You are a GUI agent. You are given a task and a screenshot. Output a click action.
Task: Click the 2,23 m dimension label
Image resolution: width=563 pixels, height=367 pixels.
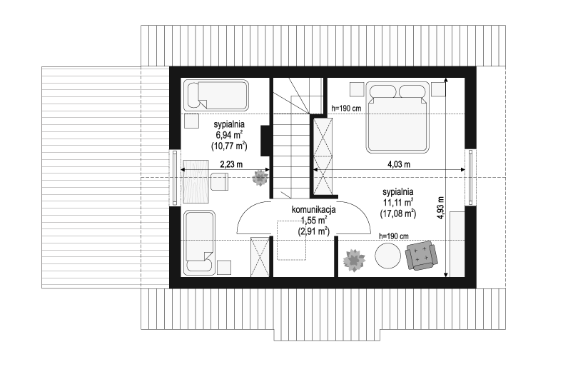[231, 164]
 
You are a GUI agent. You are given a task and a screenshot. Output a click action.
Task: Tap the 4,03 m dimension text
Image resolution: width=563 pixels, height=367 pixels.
[399, 164]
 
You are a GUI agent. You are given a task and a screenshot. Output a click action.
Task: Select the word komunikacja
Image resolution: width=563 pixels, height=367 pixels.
[313, 209]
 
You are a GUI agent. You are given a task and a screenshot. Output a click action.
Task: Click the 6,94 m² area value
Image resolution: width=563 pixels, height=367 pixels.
[229, 135]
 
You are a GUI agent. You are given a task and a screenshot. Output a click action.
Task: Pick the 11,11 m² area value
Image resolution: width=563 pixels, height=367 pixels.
[398, 202]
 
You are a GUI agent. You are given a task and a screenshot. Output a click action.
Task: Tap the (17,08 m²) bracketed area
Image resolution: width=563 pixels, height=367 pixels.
[398, 213]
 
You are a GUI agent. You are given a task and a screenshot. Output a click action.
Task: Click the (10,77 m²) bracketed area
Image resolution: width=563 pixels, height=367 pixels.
[229, 146]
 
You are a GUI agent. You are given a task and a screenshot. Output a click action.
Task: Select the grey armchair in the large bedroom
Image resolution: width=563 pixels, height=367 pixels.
[421, 256]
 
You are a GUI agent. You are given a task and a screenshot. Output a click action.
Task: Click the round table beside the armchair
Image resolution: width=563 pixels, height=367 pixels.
[387, 256]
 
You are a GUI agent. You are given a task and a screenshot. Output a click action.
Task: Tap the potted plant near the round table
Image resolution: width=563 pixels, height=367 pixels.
[354, 260]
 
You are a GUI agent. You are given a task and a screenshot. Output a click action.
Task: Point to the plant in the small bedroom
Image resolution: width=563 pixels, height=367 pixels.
[260, 178]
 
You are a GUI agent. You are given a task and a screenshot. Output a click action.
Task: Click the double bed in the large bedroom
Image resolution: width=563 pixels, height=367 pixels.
[398, 118]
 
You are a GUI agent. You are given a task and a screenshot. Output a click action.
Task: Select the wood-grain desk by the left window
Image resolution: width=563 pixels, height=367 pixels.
[196, 181]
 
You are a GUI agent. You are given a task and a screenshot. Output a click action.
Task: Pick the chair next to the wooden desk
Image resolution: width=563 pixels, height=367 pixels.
[219, 181]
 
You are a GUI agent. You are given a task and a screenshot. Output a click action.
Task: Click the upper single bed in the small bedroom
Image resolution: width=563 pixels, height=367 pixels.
[216, 95]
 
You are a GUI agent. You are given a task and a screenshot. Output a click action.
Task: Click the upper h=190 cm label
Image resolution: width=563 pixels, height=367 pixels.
[346, 108]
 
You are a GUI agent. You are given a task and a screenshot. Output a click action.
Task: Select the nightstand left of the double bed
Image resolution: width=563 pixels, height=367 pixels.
[357, 89]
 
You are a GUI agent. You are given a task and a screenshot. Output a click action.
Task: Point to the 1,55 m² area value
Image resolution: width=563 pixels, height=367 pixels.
[313, 221]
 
